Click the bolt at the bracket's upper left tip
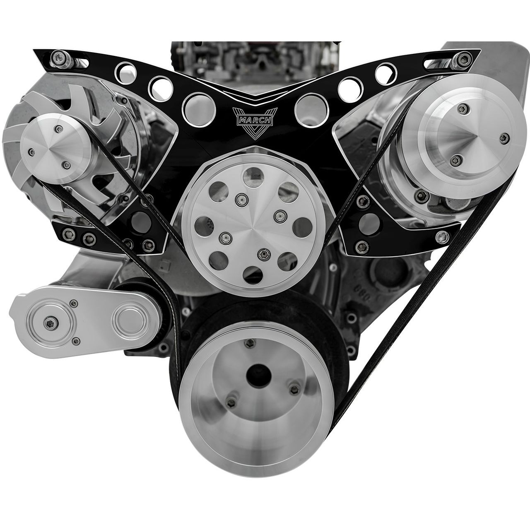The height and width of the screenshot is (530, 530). coord(58,57)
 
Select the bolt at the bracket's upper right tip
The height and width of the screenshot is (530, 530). coord(462,59)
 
